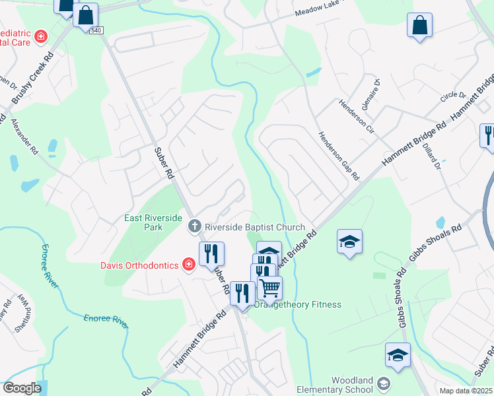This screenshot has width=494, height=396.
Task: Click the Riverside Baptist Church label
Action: click(x=254, y=227)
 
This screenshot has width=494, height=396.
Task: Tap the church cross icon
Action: click(x=194, y=226)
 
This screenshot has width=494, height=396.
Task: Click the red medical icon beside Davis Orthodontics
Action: click(x=189, y=265)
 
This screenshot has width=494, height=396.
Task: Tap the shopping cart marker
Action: click(x=269, y=288)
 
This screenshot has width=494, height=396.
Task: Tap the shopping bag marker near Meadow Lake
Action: click(x=419, y=26)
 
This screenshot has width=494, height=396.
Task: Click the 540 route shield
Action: click(x=97, y=31)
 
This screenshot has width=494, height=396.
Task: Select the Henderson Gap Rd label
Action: click(x=339, y=156)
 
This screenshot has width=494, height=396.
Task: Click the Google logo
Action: click(x=22, y=388)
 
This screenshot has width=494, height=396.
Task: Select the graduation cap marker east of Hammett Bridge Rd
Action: click(x=350, y=242)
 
